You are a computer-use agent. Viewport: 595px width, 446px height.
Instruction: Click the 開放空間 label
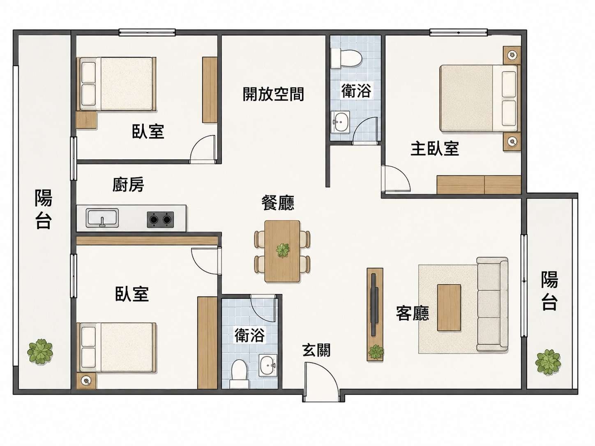pyautogui.click(x=273, y=94)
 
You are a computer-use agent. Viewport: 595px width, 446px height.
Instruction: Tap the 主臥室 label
pyautogui.click(x=434, y=149)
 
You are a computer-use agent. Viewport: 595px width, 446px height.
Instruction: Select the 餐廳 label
pyautogui.click(x=278, y=203)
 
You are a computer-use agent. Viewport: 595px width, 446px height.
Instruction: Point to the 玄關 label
pyautogui.click(x=316, y=350)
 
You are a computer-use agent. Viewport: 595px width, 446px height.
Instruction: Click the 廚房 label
pyautogui.click(x=128, y=185)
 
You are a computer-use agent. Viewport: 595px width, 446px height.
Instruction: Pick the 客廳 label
pyautogui.click(x=413, y=313)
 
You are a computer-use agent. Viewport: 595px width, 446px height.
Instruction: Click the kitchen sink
pyautogui.click(x=102, y=218)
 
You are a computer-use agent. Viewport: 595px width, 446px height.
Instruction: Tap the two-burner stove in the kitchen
pyautogui.click(x=160, y=219)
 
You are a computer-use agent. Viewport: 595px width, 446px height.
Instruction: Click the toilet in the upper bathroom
pyautogui.click(x=346, y=58)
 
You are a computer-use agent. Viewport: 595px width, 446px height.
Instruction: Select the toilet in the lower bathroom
pyautogui.click(x=239, y=373)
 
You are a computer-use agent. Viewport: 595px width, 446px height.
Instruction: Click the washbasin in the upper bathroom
pyautogui.click(x=340, y=122)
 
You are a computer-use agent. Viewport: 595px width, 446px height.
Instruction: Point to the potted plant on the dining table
pyautogui.click(x=282, y=250)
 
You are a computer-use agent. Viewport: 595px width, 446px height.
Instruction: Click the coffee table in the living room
pyautogui.click(x=449, y=308)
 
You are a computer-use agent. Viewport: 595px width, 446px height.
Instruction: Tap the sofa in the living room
pyautogui.click(x=492, y=304)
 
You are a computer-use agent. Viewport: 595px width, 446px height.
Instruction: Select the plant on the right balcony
pyautogui.click(x=548, y=361)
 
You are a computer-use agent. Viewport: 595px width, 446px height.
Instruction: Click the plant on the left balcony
pyautogui.click(x=40, y=352)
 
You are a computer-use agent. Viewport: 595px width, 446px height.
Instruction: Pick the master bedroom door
pyautogui.click(x=396, y=179)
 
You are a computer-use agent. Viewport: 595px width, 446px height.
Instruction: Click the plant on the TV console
pyautogui.click(x=376, y=352)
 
